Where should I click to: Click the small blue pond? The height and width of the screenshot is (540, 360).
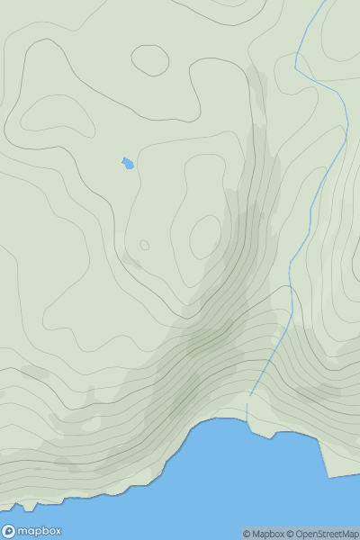pos(128,163)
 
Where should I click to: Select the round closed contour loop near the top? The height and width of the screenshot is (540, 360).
pos(150,59)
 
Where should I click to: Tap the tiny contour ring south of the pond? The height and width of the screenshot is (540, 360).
pos(144,245)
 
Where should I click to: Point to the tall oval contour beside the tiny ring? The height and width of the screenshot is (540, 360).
pos(205,236)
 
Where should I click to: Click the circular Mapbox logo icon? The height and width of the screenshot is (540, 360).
pos(10,531)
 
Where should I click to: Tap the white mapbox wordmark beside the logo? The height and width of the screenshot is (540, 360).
pos(40,531)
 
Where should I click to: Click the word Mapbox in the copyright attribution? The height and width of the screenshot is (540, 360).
pos(268,534)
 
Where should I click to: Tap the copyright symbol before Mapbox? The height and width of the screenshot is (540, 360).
pos(247,534)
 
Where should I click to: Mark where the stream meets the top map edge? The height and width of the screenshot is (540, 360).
pos(321,1)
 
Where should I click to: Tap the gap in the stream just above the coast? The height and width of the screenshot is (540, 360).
pos(248,400)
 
